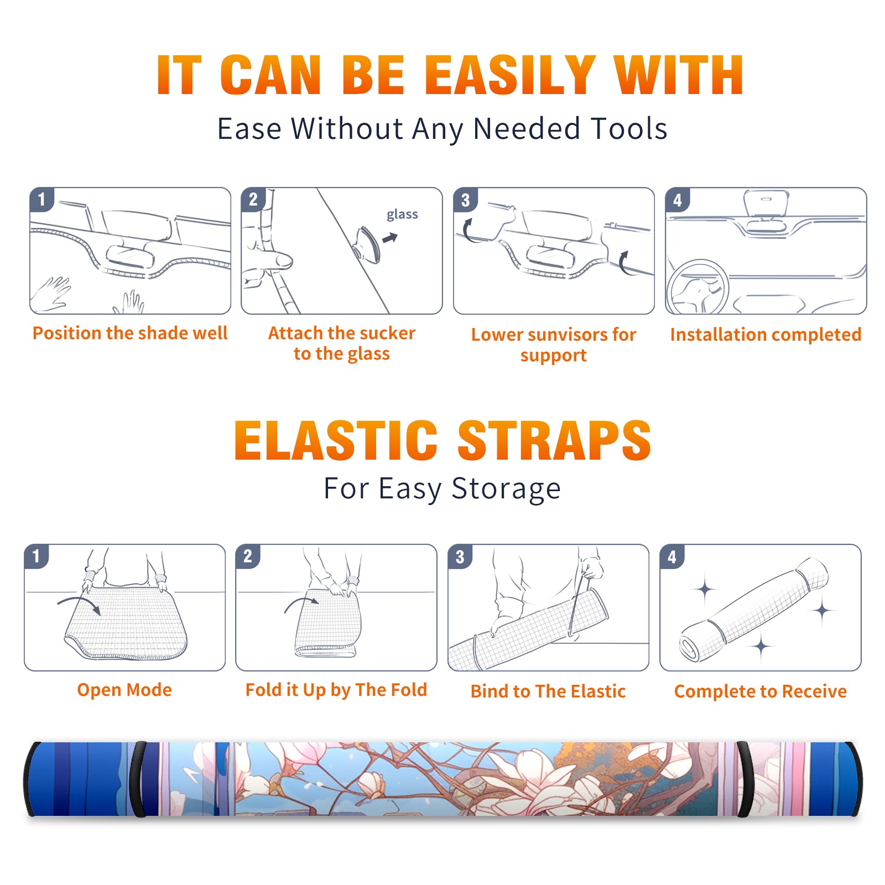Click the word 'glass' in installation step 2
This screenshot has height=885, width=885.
click(402, 215)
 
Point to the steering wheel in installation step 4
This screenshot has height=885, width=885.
click(697, 287)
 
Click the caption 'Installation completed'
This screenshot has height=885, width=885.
click(766, 334)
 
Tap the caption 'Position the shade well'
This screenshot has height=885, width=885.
click(130, 333)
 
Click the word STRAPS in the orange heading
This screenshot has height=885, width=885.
click(554, 440)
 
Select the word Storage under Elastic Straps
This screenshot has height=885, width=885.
click(506, 489)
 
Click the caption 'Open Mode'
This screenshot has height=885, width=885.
click(124, 690)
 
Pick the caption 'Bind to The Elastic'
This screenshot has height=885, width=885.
click(548, 691)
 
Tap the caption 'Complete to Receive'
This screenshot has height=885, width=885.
click(761, 691)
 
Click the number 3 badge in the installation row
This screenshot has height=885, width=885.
click(465, 200)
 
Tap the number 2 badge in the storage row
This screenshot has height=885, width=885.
click(248, 556)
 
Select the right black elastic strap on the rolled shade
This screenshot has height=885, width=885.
click(745, 779)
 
